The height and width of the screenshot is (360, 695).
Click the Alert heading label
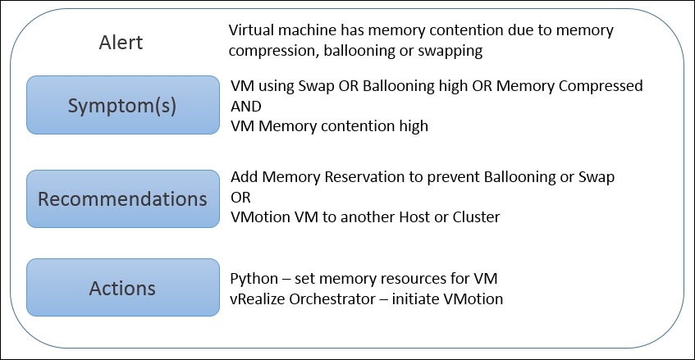click(x=121, y=43)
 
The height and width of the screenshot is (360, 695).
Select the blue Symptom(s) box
click(x=123, y=105)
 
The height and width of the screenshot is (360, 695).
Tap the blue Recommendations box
click(x=123, y=198)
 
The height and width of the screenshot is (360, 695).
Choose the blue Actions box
click(x=123, y=288)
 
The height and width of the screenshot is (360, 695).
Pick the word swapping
click(x=450, y=51)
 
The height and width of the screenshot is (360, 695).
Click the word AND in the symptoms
click(x=246, y=107)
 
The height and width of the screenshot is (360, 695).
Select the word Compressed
click(x=601, y=85)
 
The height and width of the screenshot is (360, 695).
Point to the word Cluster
click(x=476, y=217)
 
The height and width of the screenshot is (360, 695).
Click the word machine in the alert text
click(x=310, y=30)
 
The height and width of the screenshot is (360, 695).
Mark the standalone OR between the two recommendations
click(x=240, y=197)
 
